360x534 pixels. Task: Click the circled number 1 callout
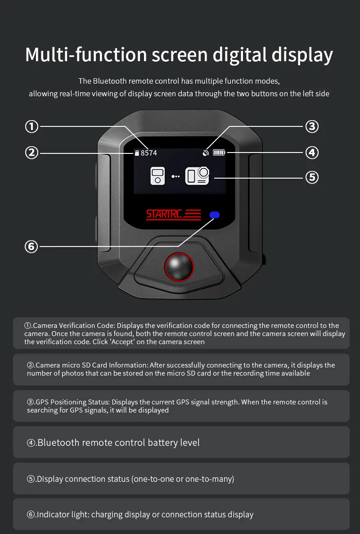pos(31,127)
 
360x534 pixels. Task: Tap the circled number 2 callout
pos(31,153)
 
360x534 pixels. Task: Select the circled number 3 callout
pos(312,126)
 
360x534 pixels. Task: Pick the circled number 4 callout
pos(312,153)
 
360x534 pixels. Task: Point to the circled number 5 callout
pos(312,177)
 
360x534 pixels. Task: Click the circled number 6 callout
pos(31,246)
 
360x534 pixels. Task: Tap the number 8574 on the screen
pos(149,153)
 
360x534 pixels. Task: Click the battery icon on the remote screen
pos(219,153)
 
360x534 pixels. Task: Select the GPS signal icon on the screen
pos(205,153)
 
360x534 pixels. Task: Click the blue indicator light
pos(215,215)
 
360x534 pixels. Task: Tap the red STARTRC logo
pos(173,215)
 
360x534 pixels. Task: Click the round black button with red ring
pos(179,267)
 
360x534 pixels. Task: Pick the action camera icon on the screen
pos(197,176)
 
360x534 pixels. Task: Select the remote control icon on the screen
pos(157,176)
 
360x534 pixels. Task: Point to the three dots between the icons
pos(175,176)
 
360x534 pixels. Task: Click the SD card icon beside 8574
pos(137,153)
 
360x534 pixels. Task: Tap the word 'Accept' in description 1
pos(122,342)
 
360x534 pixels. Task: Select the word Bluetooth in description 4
pos(58,442)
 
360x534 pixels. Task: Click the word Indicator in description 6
pos(53,514)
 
